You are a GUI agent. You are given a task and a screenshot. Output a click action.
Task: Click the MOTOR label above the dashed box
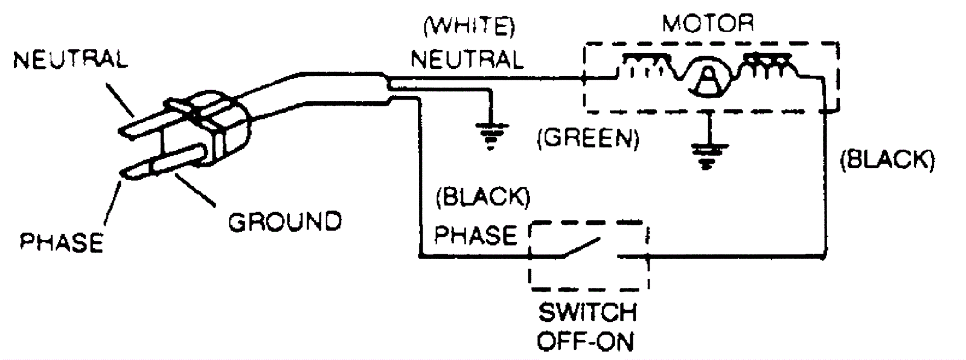tap(708, 24)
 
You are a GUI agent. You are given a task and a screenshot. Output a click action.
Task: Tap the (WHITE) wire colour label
tap(470, 28)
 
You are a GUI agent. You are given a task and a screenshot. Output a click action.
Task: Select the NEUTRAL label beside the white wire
tap(467, 59)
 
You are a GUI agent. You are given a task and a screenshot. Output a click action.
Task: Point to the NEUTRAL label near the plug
tap(70, 60)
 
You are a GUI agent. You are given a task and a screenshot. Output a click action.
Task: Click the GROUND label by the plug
tap(284, 222)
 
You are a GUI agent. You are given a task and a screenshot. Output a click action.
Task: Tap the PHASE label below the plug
tap(62, 242)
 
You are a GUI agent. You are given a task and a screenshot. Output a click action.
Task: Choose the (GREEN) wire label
tap(587, 139)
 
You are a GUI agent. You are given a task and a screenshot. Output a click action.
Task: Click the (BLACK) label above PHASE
tap(482, 198)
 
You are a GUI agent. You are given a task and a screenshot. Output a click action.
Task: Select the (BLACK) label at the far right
tap(887, 160)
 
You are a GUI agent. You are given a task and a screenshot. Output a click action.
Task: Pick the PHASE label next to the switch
tap(475, 235)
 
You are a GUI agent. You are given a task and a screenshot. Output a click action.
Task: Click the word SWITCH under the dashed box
tap(587, 313)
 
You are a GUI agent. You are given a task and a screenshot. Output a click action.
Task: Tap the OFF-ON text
tap(585, 342)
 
